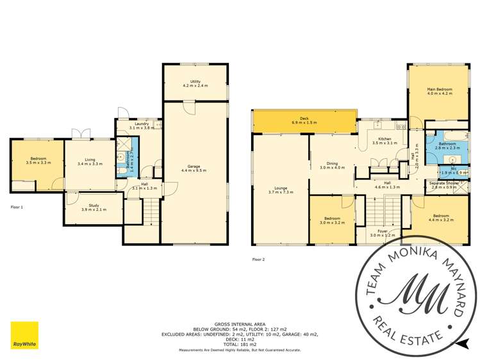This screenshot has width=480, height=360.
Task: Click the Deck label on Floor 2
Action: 304,120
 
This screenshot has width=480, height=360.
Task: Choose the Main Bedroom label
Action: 440,90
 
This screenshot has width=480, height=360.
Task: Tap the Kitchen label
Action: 385,140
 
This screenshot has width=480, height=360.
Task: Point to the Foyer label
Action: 383,233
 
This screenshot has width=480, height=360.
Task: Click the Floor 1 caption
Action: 17,207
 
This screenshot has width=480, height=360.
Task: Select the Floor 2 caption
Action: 258,259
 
